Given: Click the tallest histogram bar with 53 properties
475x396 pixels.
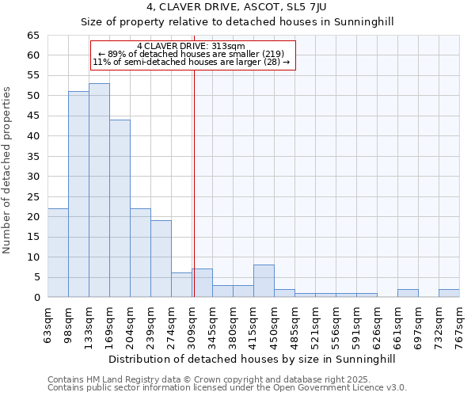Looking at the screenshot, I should click(x=99, y=190).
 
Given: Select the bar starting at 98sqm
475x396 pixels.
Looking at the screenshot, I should click(x=78, y=194).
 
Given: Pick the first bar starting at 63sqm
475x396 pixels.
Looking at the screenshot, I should click(x=58, y=253).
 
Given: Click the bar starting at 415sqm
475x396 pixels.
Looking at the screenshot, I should click(x=264, y=281).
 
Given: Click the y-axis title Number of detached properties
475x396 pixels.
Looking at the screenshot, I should click(x=7, y=182).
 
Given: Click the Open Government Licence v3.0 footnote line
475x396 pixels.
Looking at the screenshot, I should click(x=227, y=388).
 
